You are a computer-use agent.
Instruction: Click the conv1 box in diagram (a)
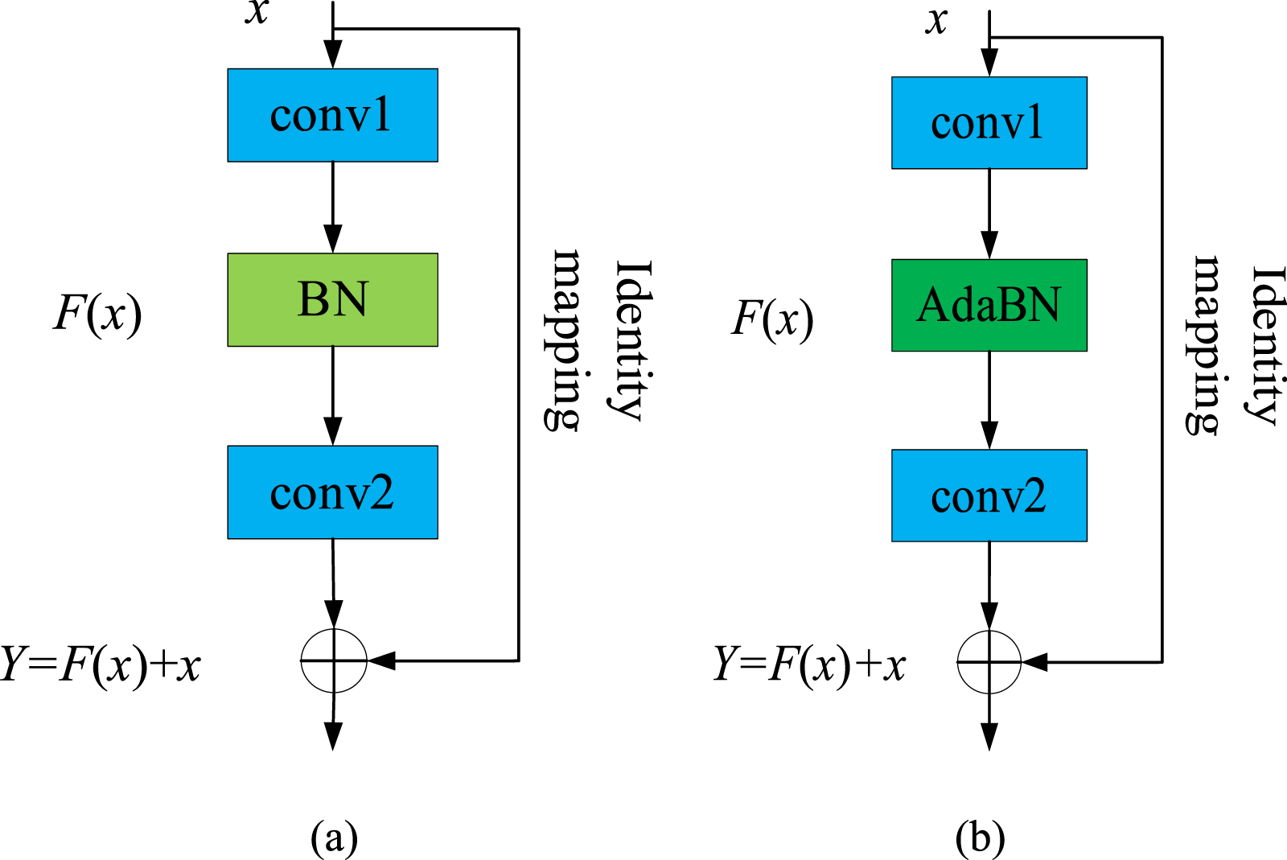332,115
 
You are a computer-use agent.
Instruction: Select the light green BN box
332,299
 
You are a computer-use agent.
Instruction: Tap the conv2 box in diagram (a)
332,492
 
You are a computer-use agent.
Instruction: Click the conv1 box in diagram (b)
989,123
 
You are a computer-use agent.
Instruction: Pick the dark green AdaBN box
989,305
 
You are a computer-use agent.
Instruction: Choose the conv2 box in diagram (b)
989,496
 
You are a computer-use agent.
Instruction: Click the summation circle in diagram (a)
333,660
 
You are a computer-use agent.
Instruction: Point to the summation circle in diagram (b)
989,662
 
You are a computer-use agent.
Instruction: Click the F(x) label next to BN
97,313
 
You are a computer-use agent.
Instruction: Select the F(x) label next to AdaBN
772,319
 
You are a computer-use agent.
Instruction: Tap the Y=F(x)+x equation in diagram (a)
101,665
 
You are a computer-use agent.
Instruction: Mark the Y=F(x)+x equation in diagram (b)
809,665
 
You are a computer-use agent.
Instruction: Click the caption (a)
334,837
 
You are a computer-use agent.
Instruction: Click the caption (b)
980,837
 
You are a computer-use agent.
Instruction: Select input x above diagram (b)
936,21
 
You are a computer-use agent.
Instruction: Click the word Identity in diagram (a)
631,339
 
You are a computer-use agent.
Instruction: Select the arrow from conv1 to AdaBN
989,213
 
